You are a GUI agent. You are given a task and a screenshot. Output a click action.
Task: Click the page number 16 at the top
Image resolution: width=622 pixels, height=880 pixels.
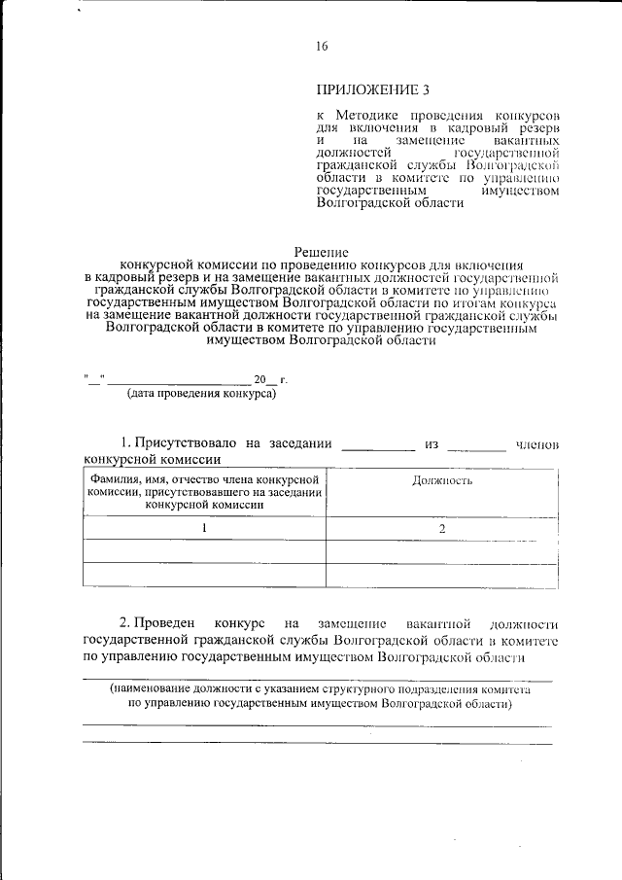click(x=322, y=47)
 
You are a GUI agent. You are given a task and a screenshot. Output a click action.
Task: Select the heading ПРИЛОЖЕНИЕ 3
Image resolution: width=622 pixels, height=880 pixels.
click(x=372, y=90)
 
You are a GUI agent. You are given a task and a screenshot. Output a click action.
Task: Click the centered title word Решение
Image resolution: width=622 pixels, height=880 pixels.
click(x=321, y=251)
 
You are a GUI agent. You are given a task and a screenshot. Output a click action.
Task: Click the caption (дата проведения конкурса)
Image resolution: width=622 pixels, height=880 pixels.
click(x=202, y=394)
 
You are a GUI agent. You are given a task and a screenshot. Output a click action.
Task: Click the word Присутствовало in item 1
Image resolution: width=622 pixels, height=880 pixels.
click(x=186, y=443)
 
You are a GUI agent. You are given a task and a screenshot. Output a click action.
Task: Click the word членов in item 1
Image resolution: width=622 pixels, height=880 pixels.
click(x=537, y=444)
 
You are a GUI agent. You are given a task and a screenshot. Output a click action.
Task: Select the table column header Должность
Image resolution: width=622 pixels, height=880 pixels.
click(x=442, y=480)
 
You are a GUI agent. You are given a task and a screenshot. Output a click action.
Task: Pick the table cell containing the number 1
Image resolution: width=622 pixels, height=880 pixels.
click(x=205, y=528)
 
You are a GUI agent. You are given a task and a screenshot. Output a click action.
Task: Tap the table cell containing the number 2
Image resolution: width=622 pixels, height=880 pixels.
click(x=442, y=528)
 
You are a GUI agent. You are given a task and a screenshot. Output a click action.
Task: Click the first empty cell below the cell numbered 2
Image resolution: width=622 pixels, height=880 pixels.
click(x=442, y=551)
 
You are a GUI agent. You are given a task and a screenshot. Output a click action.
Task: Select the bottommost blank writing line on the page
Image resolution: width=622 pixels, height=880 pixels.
click(x=317, y=743)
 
